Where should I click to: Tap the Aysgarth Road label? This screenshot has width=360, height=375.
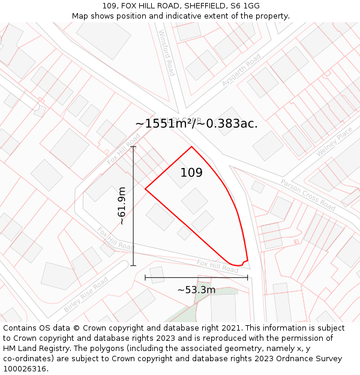241,70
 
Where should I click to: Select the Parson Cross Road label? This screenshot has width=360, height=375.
308,194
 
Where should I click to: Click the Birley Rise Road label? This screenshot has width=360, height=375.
86,294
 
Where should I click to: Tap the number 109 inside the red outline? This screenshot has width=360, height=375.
191,173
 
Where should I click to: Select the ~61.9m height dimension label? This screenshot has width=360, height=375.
122,206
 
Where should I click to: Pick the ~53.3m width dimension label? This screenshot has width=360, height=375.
196,290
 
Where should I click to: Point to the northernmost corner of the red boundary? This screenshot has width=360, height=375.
191,146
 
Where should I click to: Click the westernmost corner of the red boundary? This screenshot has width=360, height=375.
145,189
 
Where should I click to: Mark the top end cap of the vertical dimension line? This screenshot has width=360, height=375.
133,146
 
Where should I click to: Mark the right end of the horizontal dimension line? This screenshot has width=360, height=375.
247,277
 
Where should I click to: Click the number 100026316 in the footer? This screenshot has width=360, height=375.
24,369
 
